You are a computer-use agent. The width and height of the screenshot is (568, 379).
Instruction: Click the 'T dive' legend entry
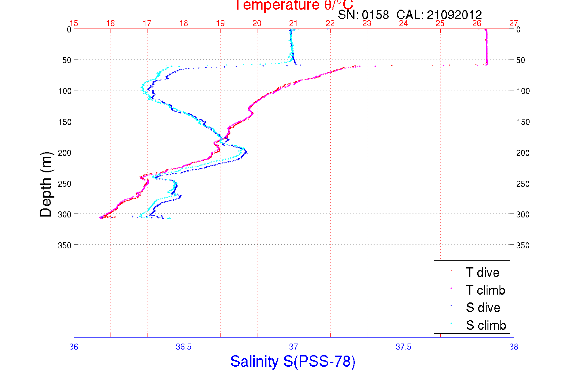pos(482,272)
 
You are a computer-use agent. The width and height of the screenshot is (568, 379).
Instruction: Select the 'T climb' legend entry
pos(485,290)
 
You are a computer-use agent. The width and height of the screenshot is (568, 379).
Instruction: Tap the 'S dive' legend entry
pos(483,308)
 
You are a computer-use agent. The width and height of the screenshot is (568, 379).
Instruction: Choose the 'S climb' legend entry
pos(486,325)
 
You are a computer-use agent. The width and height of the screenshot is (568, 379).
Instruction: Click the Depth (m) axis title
pos(46,184)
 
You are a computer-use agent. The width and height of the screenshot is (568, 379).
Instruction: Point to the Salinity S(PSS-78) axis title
pos(293,361)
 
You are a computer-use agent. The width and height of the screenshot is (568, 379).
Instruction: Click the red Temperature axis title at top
pos(294,5)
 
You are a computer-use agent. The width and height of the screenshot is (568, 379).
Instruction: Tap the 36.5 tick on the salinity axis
pos(184,347)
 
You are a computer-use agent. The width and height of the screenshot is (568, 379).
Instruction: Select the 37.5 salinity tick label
pos(403,347)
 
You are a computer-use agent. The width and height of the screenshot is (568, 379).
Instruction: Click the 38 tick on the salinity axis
pos(514,347)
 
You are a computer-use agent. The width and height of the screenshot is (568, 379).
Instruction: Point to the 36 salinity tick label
pos(74,347)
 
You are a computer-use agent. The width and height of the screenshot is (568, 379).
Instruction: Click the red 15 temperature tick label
pos(74,23)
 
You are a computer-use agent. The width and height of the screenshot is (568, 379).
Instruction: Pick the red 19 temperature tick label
pos(220,23)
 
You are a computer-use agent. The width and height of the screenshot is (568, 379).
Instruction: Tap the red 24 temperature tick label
pos(403,23)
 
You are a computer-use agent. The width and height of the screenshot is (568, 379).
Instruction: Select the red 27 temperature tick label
pos(514,23)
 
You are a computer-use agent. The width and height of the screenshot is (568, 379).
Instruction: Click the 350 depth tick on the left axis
pos(64,245)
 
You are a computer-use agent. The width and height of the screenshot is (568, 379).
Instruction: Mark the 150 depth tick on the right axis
pos(523,122)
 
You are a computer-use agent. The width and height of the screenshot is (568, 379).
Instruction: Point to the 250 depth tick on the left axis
pos(64,184)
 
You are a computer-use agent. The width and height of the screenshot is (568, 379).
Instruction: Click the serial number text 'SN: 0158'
pos(363,15)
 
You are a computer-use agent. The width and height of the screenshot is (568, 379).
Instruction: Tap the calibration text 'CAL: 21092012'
pos(439,15)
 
